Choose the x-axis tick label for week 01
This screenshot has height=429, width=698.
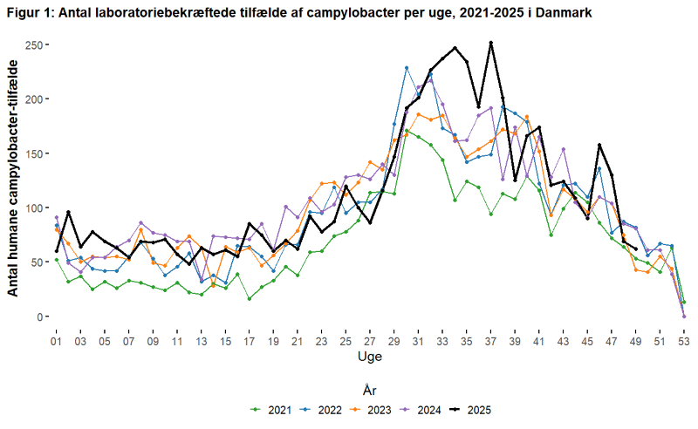(x=57, y=340)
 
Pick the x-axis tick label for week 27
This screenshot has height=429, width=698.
(x=370, y=340)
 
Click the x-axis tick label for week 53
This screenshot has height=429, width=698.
(x=683, y=340)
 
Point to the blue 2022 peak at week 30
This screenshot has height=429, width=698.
(x=407, y=68)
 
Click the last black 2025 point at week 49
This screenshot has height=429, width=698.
(x=635, y=250)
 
